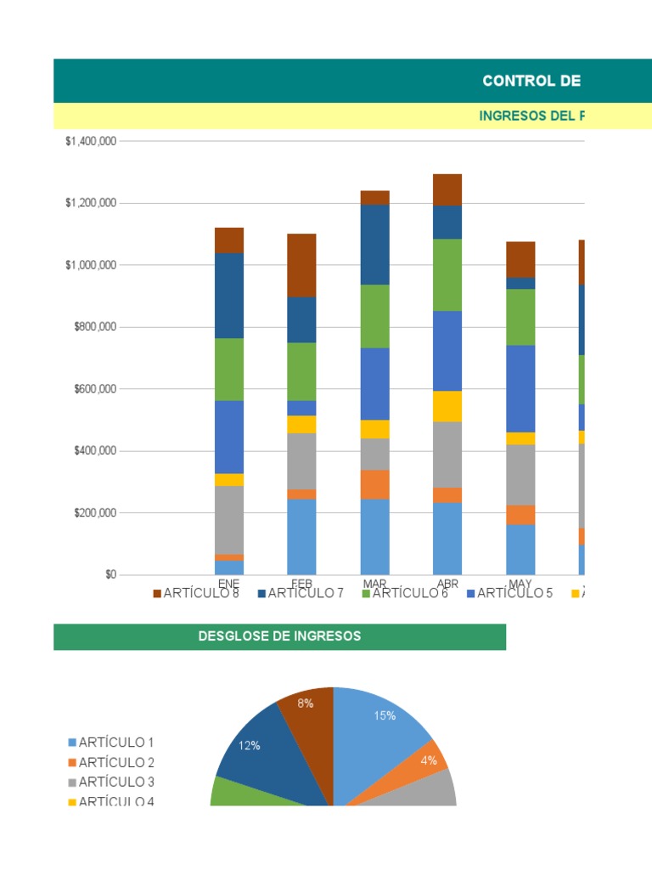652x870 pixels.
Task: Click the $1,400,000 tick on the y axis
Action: click(91, 141)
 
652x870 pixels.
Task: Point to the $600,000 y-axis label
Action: click(91, 389)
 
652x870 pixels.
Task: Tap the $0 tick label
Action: click(110, 575)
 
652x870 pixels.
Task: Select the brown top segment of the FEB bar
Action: click(301, 264)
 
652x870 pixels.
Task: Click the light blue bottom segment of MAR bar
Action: click(374, 536)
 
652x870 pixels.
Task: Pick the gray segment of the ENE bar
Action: click(229, 519)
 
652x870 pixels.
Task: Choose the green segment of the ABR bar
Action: click(447, 274)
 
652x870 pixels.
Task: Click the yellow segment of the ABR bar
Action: click(447, 406)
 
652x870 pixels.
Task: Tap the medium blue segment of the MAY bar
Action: click(520, 388)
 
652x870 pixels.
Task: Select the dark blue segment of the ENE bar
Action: click(229, 295)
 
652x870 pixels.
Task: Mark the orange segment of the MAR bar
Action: click(374, 484)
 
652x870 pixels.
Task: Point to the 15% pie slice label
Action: click(385, 715)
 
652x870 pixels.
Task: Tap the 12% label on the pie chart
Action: click(249, 745)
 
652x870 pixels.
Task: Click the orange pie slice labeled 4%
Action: click(430, 760)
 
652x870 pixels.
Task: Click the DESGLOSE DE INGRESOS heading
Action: click(279, 636)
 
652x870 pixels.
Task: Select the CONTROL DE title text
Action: click(531, 81)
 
